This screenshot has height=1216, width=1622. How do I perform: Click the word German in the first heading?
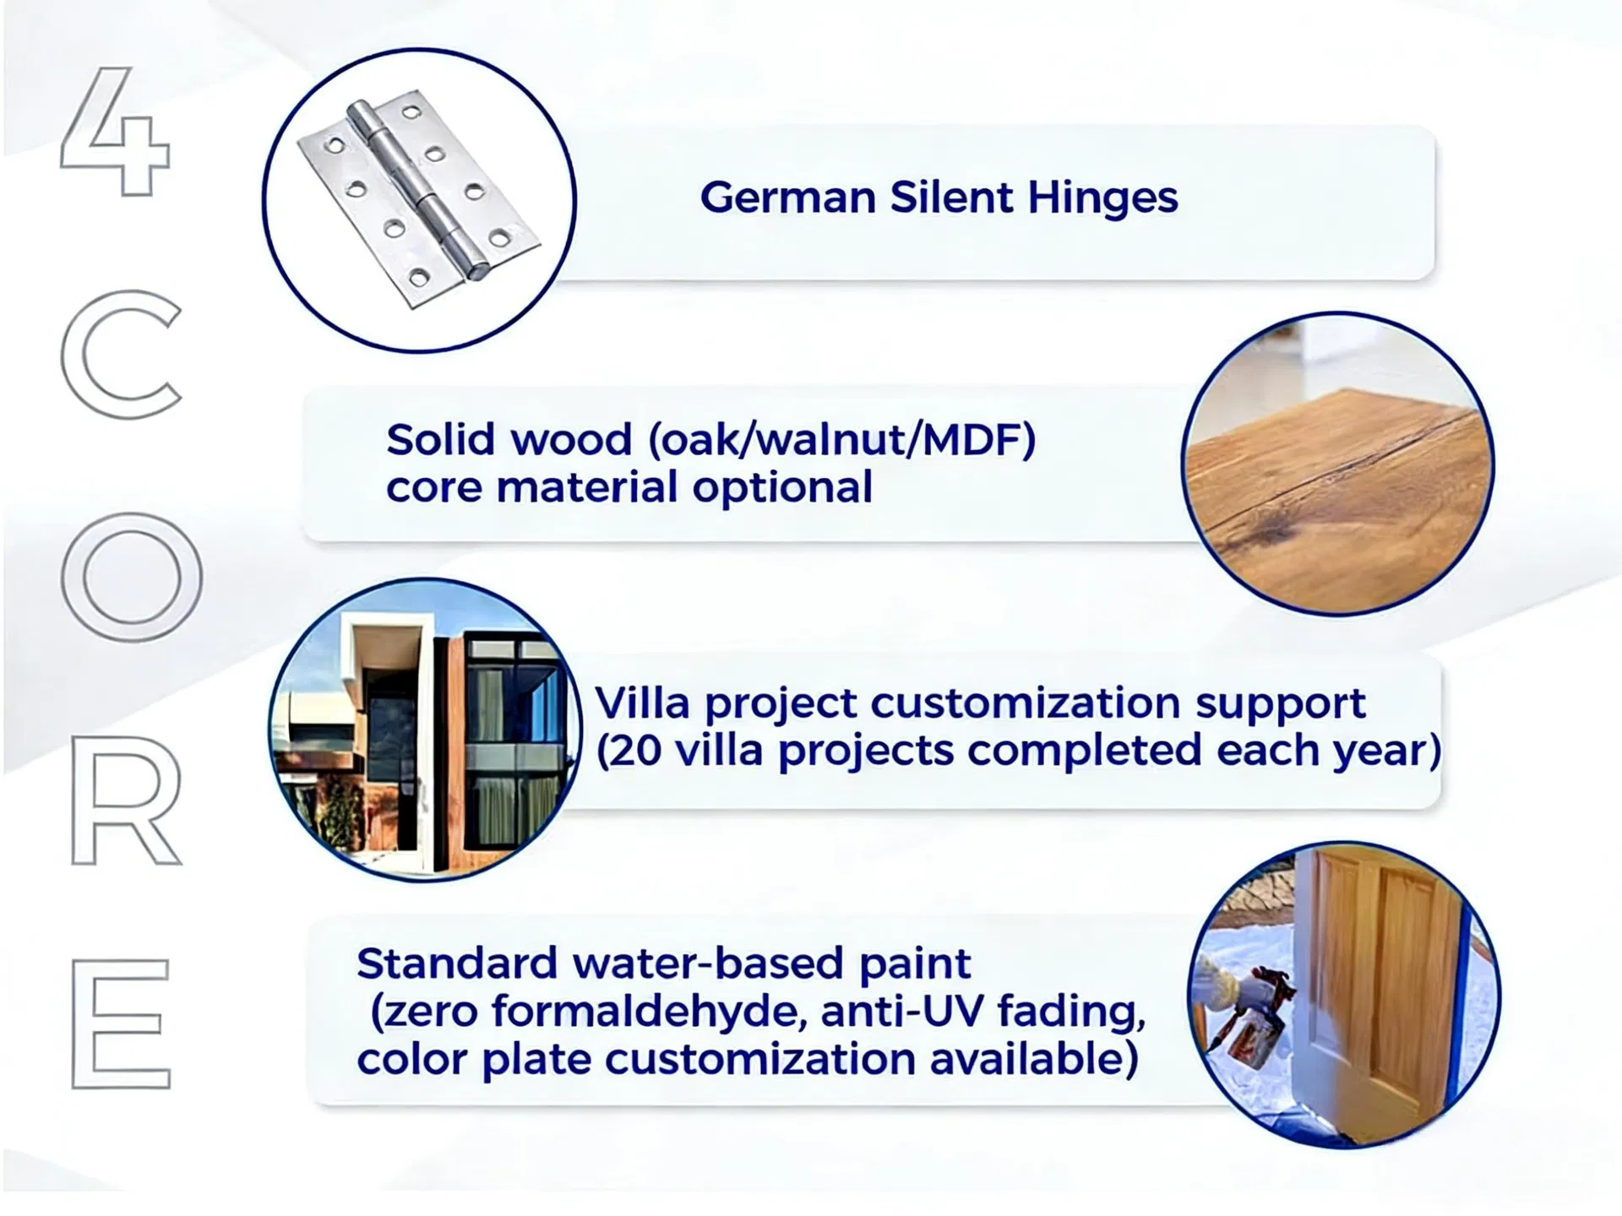coord(787,198)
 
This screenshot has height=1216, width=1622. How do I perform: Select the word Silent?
coord(951,198)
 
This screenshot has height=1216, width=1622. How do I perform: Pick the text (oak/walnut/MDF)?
coord(841,441)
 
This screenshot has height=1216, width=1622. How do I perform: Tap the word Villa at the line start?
coord(643,703)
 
